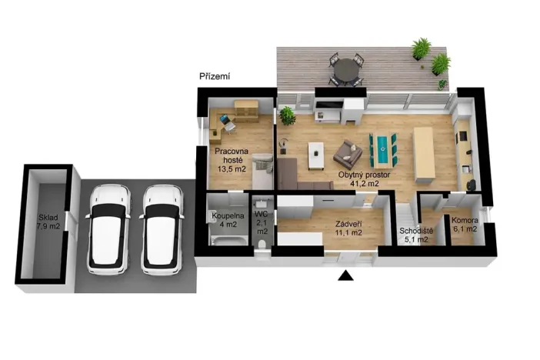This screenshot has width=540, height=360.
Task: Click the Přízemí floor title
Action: point(215,76)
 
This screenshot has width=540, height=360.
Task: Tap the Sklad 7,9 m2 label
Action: point(48,222)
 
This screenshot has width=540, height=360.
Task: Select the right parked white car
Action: point(162,230)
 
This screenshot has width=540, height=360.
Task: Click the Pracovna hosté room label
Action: point(232,160)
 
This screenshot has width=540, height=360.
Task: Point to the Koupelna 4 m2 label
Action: point(228,220)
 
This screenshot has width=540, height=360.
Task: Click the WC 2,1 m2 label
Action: point(262,222)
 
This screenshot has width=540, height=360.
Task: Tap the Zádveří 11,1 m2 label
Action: point(348,228)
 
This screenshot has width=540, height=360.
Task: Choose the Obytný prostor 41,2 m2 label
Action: point(364,178)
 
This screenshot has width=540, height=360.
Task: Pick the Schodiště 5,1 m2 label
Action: point(416,235)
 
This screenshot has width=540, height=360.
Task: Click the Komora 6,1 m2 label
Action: point(465,225)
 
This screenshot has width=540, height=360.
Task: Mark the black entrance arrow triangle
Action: point(345,275)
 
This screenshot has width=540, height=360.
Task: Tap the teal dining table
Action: point(382,148)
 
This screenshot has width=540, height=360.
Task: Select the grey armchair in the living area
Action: point(348,152)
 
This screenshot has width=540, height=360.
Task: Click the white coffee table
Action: point(316,155)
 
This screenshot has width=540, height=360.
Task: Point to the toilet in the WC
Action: point(262,244)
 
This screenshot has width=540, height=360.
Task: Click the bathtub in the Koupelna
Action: point(229,241)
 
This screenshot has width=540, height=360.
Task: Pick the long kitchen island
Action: point(425,155)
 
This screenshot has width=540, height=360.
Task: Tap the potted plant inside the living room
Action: point(287,115)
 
